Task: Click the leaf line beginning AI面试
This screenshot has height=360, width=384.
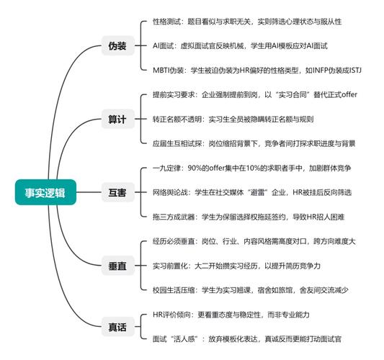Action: coord(240,46)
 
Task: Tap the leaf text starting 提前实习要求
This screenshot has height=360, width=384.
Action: coord(255,95)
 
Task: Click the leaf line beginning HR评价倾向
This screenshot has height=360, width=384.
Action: coord(231,315)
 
